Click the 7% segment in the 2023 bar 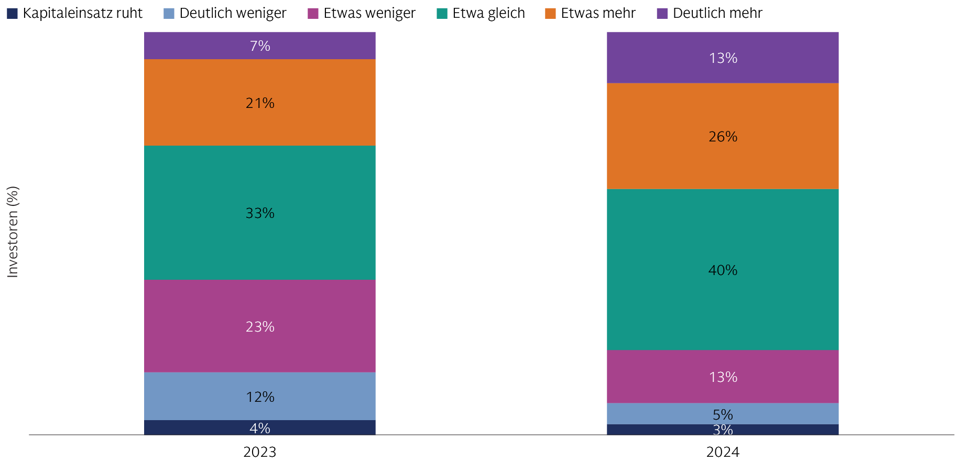pos(260,46)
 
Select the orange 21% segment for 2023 pos(260,102)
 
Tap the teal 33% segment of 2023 pos(260,213)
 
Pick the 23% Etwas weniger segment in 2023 pos(260,326)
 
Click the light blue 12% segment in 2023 pos(260,396)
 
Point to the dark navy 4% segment pos(260,427)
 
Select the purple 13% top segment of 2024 pos(723,58)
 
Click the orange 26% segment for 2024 pos(723,136)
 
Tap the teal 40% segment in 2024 pos(723,269)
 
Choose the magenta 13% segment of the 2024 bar pos(723,376)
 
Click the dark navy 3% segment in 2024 pos(723,430)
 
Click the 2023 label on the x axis pos(260,452)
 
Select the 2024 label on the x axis pos(723,452)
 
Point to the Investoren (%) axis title pos(13,232)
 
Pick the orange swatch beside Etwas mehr pos(550,14)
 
